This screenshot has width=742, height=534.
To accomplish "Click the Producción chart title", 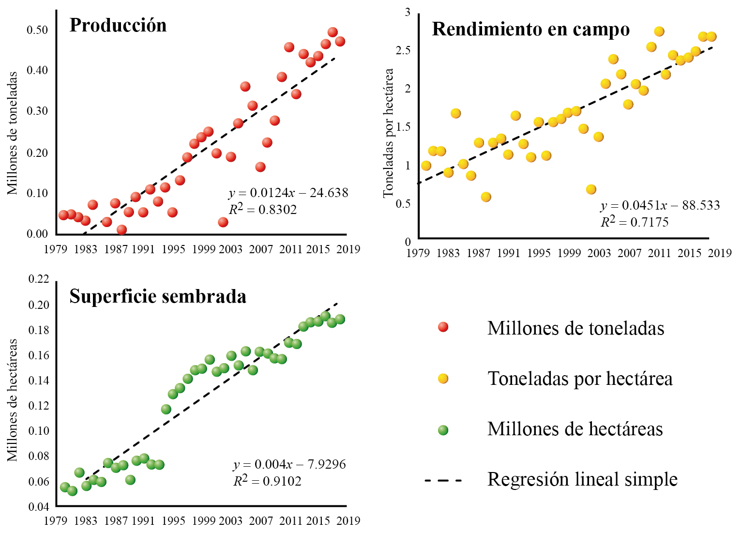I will coord(118,25).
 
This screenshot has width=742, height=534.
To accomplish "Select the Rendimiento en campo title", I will coord(530,29).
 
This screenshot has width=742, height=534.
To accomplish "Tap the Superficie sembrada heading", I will coord(158,296).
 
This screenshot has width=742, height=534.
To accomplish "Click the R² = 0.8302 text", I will coord(263,209).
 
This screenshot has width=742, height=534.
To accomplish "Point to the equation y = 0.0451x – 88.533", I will coord(660,205).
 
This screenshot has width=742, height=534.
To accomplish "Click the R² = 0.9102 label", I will coord(267,481).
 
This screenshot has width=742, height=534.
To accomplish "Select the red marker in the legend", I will coord(443,327).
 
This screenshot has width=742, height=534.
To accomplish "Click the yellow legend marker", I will coord(443,379).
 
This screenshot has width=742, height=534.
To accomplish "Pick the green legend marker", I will coord(443,430).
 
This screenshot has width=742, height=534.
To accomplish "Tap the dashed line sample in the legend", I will coord(443,480).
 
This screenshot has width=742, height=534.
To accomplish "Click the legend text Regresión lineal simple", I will coord(582,479).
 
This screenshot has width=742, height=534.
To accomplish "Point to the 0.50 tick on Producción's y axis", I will coord(37,30).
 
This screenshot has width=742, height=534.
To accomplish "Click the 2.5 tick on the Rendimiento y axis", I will coord(403,50).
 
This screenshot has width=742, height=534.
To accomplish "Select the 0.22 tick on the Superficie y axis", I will coord(39,279).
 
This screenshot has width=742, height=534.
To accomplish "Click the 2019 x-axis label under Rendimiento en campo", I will coord(720,253).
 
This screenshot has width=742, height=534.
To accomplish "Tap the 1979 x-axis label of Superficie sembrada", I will coord(55,521).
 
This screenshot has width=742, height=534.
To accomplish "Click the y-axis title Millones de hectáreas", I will coord(12,399).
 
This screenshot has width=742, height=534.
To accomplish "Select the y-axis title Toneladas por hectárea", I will coord(388,133).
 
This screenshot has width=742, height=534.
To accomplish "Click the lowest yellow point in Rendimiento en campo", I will coord(591,189).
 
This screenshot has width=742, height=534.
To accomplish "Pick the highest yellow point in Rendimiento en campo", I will coord(659,31).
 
